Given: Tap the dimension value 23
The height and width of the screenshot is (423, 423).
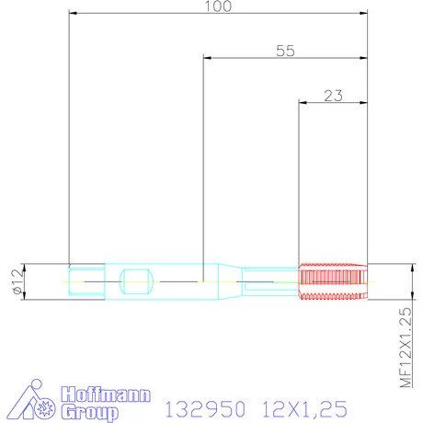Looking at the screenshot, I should [333, 95].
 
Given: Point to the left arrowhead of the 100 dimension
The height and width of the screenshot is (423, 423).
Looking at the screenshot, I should [73, 14].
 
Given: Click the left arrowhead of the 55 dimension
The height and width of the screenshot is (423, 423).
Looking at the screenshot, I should [206, 58].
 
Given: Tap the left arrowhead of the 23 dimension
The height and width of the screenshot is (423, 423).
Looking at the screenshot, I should [303, 102].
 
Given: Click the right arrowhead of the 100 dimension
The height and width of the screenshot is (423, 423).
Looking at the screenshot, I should [363, 14].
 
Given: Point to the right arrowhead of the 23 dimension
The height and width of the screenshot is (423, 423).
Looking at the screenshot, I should [363, 102].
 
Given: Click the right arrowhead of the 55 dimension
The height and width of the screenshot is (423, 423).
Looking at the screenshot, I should [363, 58].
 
